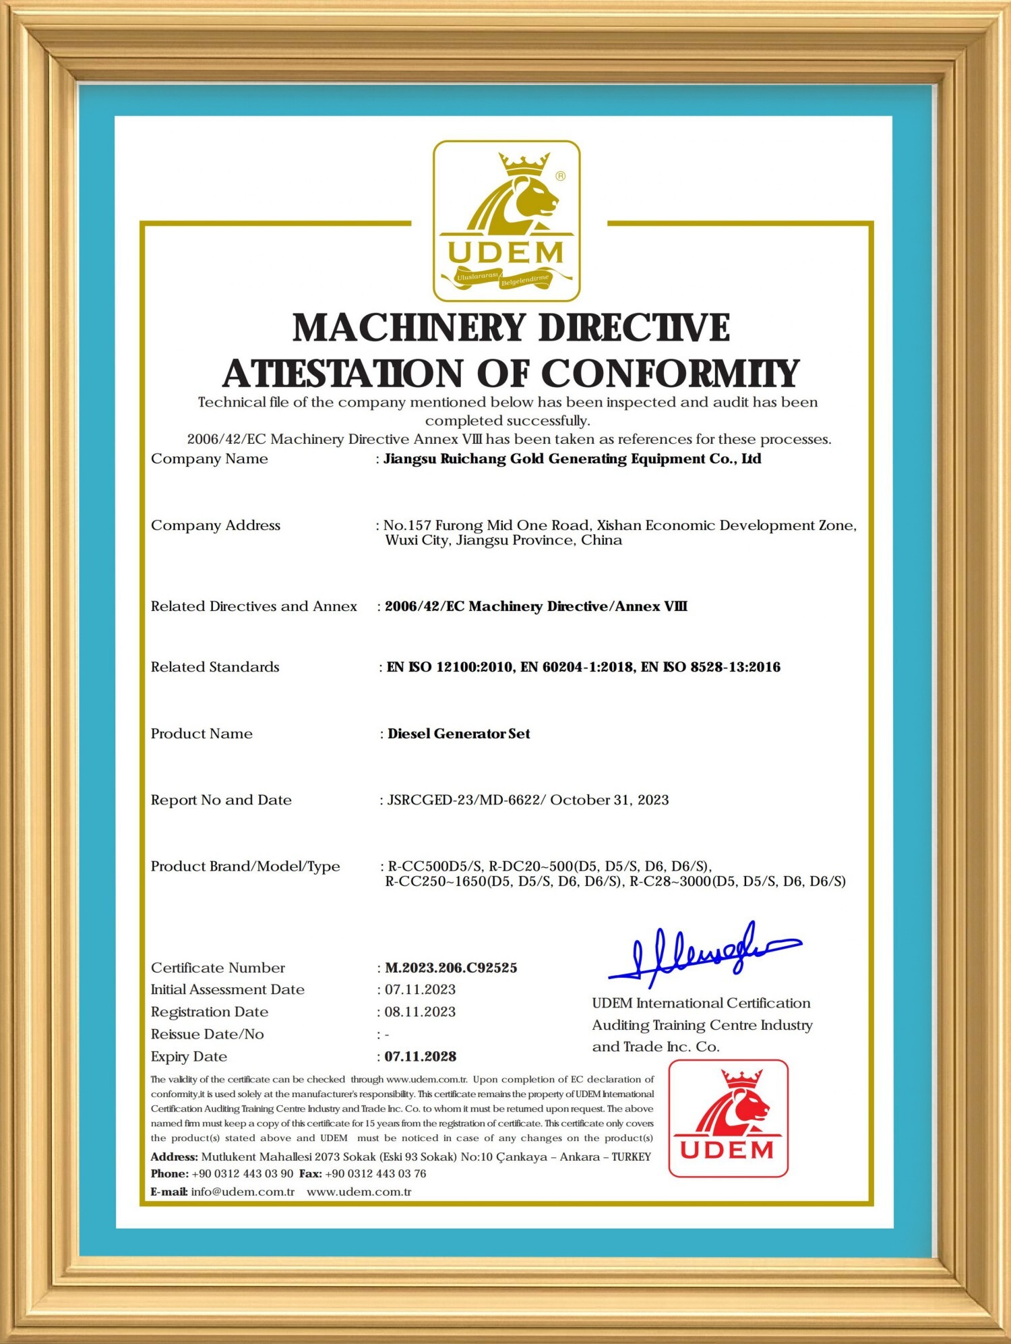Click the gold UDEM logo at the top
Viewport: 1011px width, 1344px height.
pyautogui.click(x=506, y=221)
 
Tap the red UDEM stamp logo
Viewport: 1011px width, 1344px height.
pyautogui.click(x=728, y=1118)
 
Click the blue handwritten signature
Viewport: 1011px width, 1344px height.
pyautogui.click(x=704, y=952)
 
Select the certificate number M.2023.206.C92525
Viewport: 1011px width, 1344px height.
pyautogui.click(x=451, y=968)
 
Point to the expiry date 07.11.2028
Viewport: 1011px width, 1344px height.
pyautogui.click(x=421, y=1056)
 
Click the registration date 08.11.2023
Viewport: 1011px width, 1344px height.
pyautogui.click(x=420, y=1012)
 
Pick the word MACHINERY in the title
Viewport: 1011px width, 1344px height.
pyautogui.click(x=408, y=328)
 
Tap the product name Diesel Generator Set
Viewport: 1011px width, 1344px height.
pyautogui.click(x=459, y=734)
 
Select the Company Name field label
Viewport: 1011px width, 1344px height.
pyautogui.click(x=209, y=459)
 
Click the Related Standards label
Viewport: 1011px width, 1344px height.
pyautogui.click(x=215, y=667)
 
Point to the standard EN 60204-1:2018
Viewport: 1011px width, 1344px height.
pyautogui.click(x=577, y=667)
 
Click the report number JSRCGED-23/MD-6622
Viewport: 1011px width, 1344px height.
pyautogui.click(x=464, y=800)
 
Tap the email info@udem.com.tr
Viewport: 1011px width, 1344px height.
pyautogui.click(x=243, y=1192)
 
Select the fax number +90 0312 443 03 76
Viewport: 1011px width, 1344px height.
pyautogui.click(x=375, y=1173)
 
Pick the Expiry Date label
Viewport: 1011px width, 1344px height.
pyautogui.click(x=189, y=1056)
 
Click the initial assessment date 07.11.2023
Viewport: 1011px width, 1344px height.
pyautogui.click(x=420, y=989)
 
